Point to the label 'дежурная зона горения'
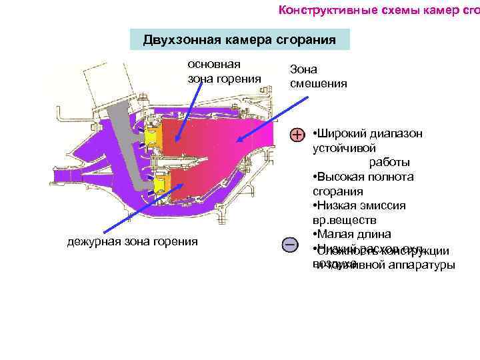pyautogui.click(x=133, y=241)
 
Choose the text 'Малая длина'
pyautogui.click(x=344, y=234)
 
